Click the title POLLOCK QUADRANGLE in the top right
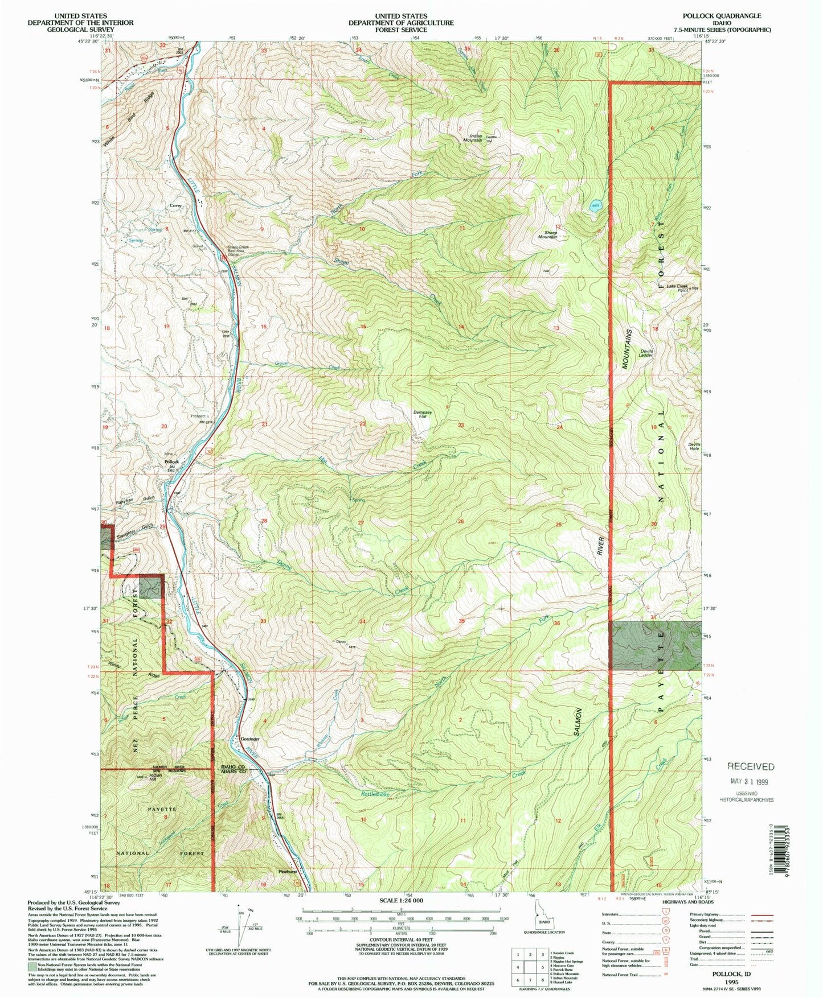(723, 16)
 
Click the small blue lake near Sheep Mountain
(595, 208)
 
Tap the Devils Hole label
(694, 446)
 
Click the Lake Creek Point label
(674, 288)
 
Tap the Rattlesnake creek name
(375, 794)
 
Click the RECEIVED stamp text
(750, 766)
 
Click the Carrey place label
(175, 205)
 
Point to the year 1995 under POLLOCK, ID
(731, 982)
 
